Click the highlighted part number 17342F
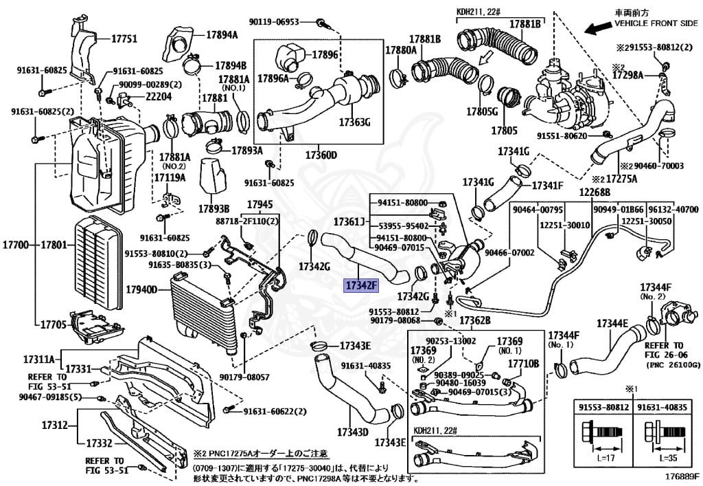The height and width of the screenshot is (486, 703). (x=361, y=285)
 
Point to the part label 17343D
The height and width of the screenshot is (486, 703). (x=353, y=432)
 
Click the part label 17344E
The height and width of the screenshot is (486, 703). (x=612, y=323)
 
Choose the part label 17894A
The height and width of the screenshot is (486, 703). (x=221, y=35)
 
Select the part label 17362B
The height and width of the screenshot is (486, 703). (x=475, y=320)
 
